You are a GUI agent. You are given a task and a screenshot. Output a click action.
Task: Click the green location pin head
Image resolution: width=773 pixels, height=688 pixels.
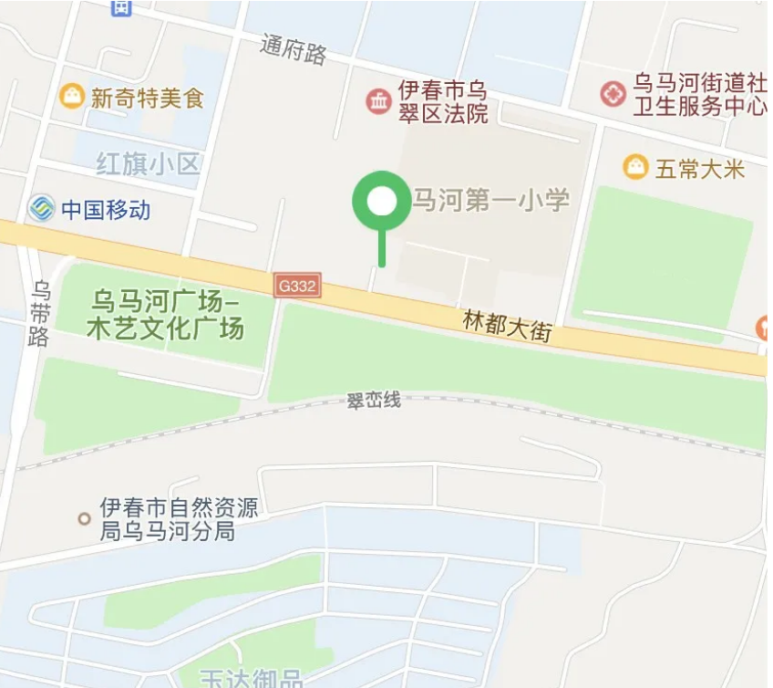point(382,201)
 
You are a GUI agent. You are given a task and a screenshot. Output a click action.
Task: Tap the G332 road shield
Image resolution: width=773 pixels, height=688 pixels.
point(298,287)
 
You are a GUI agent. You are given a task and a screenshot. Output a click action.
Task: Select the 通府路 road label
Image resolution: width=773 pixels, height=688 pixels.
point(293,49)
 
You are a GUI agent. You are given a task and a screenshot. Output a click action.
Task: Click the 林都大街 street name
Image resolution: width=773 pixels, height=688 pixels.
point(508,325)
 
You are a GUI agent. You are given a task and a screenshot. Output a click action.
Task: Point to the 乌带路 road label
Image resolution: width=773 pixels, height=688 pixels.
point(39,313)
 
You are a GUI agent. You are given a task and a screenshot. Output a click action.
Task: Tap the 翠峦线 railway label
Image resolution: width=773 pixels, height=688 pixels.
point(374,401)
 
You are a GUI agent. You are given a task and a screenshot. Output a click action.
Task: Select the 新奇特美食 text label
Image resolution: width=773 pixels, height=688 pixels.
point(147,98)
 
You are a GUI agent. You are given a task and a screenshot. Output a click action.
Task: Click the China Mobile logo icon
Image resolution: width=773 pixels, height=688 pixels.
point(40,209)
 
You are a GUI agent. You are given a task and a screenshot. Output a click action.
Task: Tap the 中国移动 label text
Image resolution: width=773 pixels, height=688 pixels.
point(106,211)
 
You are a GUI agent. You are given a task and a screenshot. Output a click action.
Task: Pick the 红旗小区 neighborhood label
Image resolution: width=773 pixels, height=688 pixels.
point(148,164)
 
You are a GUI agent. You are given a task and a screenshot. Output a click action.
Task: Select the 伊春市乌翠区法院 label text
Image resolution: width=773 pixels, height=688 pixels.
point(443,102)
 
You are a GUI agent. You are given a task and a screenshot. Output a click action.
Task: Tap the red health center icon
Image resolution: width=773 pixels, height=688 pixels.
point(613,94)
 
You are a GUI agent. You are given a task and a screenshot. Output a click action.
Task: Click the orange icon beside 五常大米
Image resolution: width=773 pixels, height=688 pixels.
point(635,167)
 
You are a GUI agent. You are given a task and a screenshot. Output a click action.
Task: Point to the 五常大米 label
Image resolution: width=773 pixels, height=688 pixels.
point(700,169)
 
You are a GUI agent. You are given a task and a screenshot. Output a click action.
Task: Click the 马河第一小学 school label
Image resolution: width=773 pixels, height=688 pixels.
point(491,201)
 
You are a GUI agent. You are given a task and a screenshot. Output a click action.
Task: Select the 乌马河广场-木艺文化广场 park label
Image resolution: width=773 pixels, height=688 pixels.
point(165,313)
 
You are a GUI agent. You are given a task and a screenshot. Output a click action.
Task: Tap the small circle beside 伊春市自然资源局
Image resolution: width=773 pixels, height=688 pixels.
point(84,518)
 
